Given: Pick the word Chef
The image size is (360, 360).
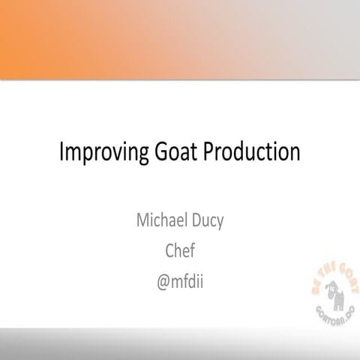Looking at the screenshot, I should point(180,250).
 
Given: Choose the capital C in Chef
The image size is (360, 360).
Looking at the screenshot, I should point(169,250).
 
